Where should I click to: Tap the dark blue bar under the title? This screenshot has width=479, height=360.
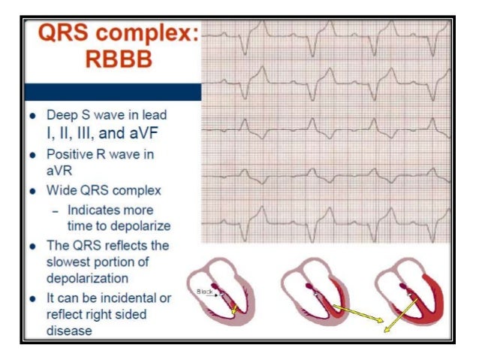click(113, 92)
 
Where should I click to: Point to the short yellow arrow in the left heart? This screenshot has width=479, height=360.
click(236, 306)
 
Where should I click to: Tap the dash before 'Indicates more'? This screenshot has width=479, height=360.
click(55, 210)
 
